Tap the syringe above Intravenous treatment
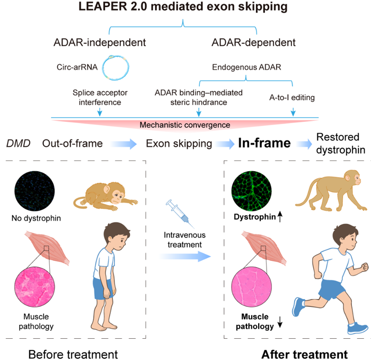coord(180,214)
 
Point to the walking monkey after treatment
coord(331,190)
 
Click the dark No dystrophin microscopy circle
coord(34,191)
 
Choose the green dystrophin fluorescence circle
coord(251,191)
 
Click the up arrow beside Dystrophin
coord(280,216)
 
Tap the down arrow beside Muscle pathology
coord(280,321)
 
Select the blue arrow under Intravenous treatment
coord(184,256)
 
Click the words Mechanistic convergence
coord(185,125)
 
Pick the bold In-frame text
coord(264,143)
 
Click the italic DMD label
coord(18,144)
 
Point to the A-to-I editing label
coord(292,98)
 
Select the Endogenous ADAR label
coord(246,67)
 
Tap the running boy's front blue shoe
coord(357,328)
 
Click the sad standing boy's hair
coord(116,230)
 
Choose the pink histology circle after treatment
coord(251,287)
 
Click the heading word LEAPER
coord(103,6)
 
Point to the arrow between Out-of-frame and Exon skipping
coord(123,144)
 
